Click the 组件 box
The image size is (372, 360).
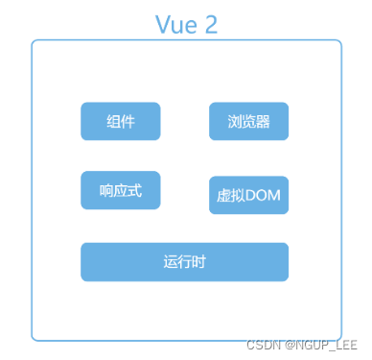pos(120,122)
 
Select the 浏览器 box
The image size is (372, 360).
pos(248,122)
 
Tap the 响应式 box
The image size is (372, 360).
pos(120,190)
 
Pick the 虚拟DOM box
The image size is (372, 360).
pos(248,195)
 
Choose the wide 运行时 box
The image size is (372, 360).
pos(184,262)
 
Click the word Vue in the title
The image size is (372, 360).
pos(175,25)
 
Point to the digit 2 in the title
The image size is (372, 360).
pos(211,25)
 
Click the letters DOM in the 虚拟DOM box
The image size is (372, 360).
pos(263,196)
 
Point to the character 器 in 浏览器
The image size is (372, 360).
pos(263,123)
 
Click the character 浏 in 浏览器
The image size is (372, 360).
pos(235,123)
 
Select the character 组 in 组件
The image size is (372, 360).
pos(113,123)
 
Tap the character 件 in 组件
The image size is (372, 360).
pos(128,123)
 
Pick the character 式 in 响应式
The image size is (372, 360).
pos(134,190)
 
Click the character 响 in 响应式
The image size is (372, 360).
pos(106,190)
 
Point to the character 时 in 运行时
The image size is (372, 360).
pos(198,262)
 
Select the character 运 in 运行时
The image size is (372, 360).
pos(171,262)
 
